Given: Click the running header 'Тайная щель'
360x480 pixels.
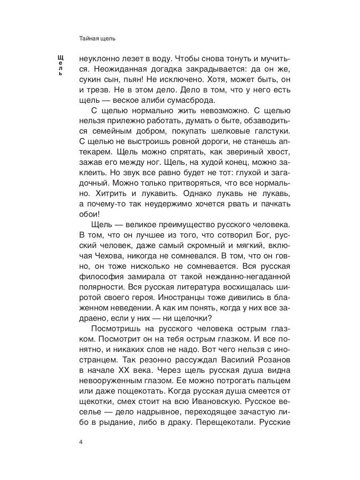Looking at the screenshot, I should point(97,39).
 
